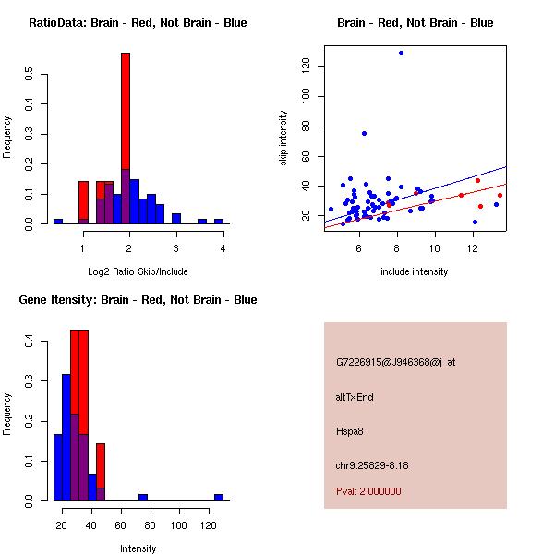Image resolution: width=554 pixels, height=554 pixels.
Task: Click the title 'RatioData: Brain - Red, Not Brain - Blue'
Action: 138,23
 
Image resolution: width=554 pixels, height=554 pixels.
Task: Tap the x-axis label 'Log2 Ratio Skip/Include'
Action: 138,271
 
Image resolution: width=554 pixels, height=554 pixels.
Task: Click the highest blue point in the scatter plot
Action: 401,53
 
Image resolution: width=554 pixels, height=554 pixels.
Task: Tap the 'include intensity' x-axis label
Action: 415,271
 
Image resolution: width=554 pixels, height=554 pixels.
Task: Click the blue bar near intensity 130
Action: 219,497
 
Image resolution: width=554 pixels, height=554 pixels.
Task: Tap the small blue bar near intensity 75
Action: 143,497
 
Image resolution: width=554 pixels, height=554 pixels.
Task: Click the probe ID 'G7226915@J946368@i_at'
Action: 396,362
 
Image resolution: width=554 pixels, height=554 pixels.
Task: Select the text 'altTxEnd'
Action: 355,397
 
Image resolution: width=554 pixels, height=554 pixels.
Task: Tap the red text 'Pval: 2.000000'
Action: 368,491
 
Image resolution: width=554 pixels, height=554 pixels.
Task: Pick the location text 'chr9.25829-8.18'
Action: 372,464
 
